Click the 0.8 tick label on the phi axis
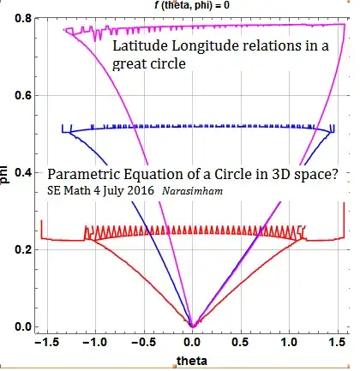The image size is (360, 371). pos(19,18)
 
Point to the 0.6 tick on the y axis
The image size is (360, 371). pos(19,95)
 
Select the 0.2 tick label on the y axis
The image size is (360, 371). pos(19,249)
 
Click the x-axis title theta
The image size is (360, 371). pos(192,360)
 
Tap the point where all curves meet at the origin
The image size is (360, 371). pos(193,326)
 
